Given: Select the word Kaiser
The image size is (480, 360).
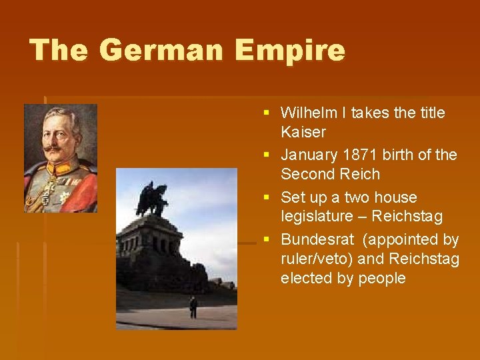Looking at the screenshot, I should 303,132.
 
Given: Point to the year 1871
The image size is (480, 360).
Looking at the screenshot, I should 359,155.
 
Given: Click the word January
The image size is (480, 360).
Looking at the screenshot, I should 309,155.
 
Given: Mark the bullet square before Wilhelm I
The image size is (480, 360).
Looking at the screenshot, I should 267,113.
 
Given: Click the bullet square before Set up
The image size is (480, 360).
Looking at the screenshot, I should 267,197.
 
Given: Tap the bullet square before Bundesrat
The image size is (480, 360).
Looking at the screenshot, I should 267,239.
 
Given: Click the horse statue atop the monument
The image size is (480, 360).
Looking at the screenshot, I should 152,199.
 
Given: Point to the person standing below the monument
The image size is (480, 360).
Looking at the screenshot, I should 193,307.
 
